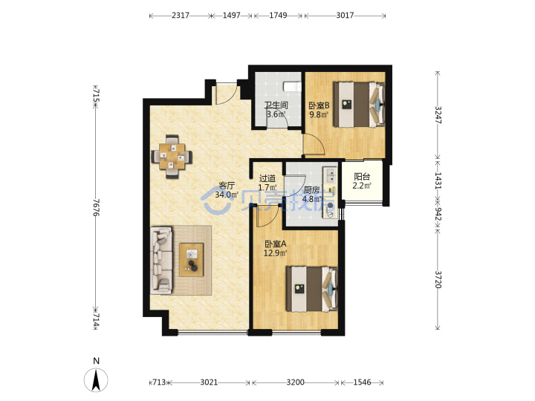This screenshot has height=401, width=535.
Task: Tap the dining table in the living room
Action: (172, 157)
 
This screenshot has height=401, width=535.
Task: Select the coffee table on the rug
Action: (192, 259)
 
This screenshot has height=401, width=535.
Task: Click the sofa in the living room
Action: (162, 260)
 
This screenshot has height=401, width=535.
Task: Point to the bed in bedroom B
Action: (360, 104)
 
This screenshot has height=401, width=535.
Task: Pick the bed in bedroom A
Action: (312, 289)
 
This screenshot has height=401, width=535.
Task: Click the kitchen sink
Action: (330, 175)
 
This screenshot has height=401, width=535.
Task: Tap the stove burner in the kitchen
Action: (330, 206)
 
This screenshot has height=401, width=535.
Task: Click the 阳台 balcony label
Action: (362, 177)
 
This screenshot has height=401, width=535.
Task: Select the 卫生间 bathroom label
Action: (276, 105)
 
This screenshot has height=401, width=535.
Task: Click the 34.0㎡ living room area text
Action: (227, 195)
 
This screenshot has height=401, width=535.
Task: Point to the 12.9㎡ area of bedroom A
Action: (275, 253)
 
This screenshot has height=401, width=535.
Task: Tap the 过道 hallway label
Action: (267, 178)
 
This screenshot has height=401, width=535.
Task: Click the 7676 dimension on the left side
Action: (96, 207)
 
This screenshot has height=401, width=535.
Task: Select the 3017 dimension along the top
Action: (345, 16)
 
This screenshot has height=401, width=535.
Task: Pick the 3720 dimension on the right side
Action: (438, 280)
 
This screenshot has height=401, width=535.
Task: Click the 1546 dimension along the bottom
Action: (362, 382)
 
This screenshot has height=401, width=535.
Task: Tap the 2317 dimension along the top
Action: (180, 16)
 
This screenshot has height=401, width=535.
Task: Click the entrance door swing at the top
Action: (227, 94)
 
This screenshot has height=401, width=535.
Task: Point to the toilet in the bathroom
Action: (293, 86)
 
